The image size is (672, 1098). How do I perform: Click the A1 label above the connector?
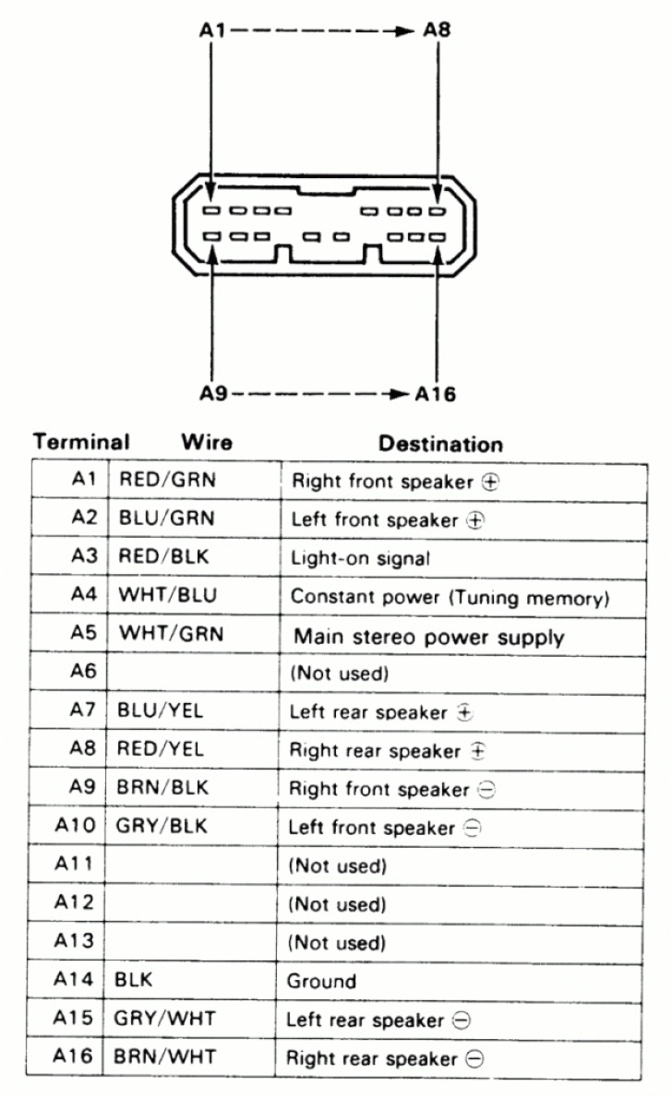tap(211, 30)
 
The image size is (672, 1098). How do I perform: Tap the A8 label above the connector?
tap(437, 30)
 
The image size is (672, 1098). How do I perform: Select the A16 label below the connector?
tap(435, 394)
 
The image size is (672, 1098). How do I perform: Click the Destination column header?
tap(441, 444)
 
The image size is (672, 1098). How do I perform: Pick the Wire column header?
tap(207, 442)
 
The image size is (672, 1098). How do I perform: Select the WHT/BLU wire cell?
tap(168, 595)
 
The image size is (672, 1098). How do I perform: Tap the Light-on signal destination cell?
tap(360, 558)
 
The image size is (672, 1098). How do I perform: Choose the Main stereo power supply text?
tap(428, 637)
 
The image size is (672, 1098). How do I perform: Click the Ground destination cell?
tap(321, 981)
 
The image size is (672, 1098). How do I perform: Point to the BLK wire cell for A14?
tap(134, 981)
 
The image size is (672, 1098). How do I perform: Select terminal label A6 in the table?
tap(83, 673)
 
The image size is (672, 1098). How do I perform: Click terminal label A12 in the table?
tap(78, 903)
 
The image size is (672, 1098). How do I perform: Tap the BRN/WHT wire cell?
tap(166, 1057)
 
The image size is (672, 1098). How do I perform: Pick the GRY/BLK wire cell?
tap(162, 827)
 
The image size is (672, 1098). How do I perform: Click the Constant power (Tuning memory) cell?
tap(450, 597)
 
